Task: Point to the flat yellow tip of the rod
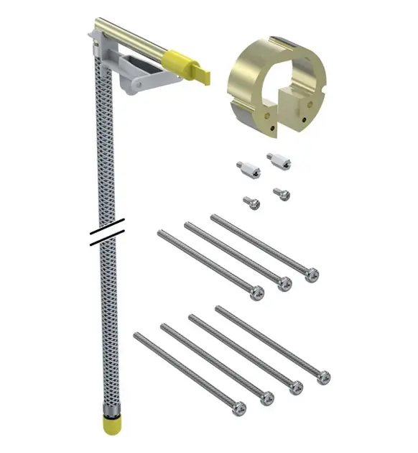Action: point(202,74)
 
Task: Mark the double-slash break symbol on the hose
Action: point(108,232)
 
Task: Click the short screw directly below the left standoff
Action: point(252,203)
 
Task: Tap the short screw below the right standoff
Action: point(282,193)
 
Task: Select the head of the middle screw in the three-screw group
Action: point(284,284)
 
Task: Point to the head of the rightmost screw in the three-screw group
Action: point(312,274)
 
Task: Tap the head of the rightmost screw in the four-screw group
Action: point(323,376)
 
